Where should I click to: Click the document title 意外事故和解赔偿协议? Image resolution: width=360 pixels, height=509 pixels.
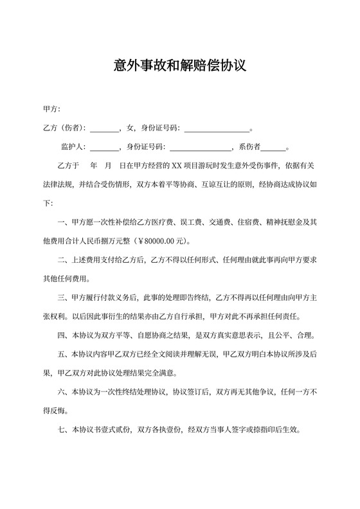click(x=180, y=66)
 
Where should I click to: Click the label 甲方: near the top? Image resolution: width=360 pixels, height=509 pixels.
click(x=51, y=109)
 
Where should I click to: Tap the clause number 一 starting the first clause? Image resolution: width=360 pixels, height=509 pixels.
click(x=62, y=222)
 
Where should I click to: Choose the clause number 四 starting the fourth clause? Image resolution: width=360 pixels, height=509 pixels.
click(x=62, y=335)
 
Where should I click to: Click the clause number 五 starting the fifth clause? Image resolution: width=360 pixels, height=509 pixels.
click(x=62, y=353)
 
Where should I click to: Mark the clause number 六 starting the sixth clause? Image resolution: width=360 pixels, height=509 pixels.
click(x=62, y=391)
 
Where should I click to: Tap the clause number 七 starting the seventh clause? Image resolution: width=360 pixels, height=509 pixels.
click(x=62, y=429)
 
